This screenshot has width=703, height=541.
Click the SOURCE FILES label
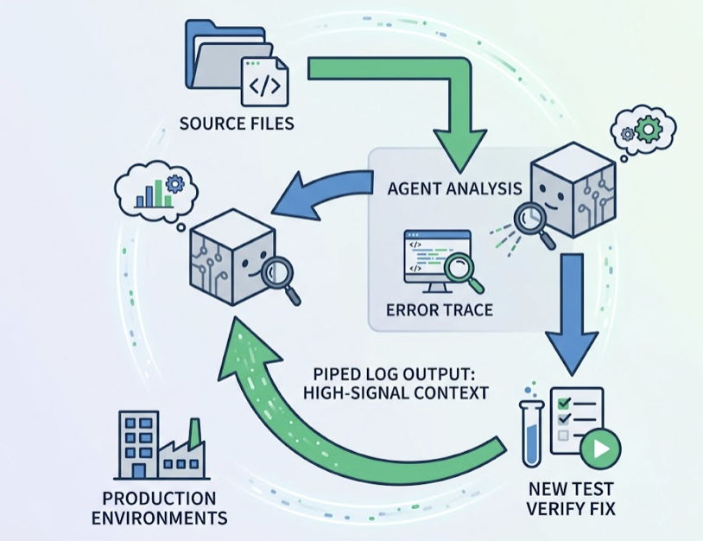[x=237, y=123]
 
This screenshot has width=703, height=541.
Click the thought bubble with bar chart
[x=156, y=190]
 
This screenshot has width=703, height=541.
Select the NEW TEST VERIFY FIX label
[x=569, y=500]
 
